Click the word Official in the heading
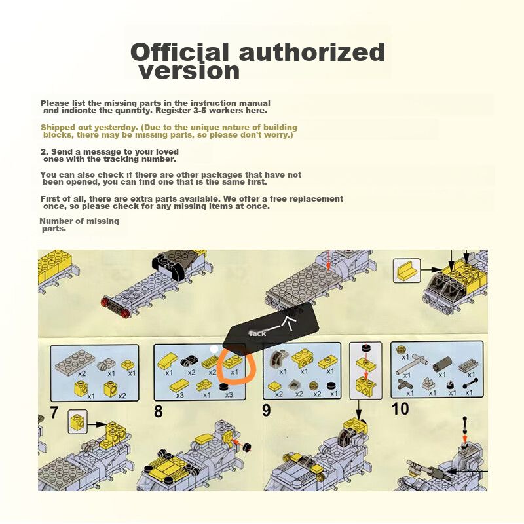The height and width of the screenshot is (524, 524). (179, 52)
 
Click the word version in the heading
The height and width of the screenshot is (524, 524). (189, 71)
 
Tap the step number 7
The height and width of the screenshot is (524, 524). (54, 413)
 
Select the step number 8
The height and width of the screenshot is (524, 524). (159, 411)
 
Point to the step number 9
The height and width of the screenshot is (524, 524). (267, 411)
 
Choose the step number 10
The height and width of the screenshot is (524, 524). (400, 409)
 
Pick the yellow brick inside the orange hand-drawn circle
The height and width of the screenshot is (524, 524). (233, 362)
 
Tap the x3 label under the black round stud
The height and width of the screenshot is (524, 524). (229, 395)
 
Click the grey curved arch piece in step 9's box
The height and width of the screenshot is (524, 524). (277, 359)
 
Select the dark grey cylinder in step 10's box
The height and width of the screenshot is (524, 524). (441, 364)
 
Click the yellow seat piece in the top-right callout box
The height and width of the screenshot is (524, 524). (406, 271)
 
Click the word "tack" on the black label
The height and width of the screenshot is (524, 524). (257, 333)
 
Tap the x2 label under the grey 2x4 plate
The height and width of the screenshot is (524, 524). (82, 373)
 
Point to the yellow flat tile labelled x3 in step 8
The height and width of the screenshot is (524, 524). (179, 386)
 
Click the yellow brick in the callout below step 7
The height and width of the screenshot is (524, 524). (77, 422)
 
